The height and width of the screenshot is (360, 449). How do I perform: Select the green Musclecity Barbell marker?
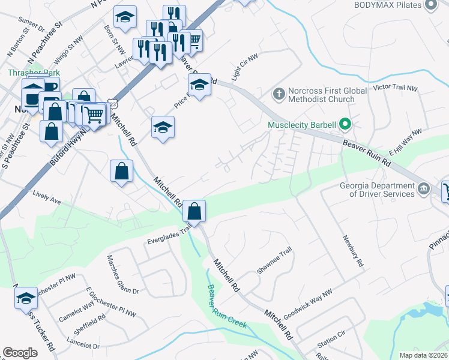(345, 125)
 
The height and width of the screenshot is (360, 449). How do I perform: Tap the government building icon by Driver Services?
(424, 190)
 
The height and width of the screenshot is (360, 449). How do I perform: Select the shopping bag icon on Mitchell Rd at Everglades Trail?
(194, 211)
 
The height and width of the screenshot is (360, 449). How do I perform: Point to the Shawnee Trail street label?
(274, 260)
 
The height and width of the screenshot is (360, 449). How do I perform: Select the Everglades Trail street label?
(169, 233)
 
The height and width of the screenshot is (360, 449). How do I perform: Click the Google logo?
(20, 353)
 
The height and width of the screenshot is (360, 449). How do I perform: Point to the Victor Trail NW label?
(395, 88)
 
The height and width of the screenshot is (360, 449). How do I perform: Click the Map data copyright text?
(423, 355)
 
